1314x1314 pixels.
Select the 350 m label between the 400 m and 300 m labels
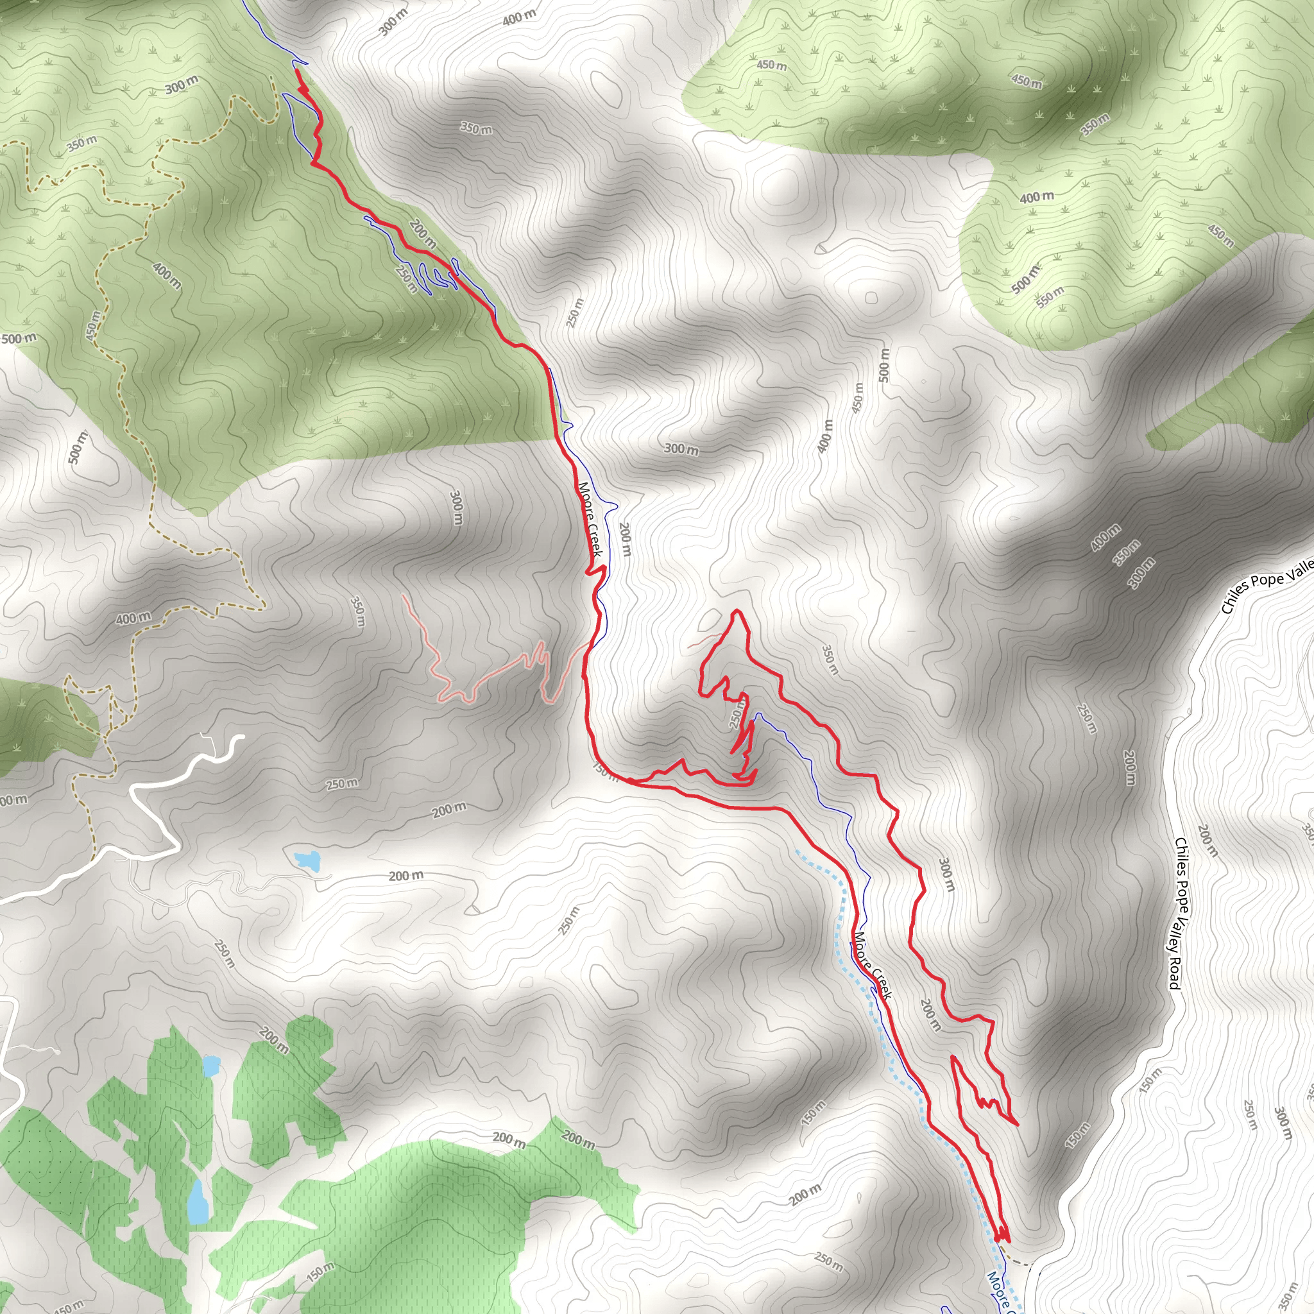click(x=1126, y=552)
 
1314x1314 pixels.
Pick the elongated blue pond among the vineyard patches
click(x=198, y=1201)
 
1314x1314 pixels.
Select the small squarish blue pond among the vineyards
click(x=212, y=1066)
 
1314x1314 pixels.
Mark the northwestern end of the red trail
click(x=296, y=71)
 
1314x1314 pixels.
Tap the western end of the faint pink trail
click(x=404, y=596)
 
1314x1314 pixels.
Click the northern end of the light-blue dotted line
click(x=796, y=849)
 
